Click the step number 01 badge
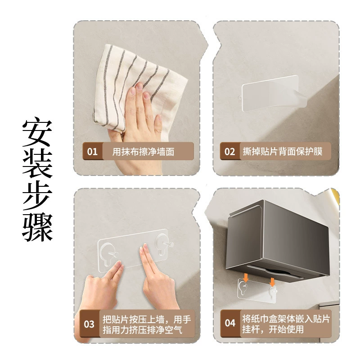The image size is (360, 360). [x=92, y=151]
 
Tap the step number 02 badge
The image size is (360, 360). [x=230, y=151]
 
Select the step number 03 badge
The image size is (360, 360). [x=89, y=324]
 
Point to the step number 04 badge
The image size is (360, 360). [x=230, y=323]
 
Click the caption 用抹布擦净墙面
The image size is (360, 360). [x=143, y=152]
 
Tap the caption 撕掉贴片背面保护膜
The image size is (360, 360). [x=283, y=151]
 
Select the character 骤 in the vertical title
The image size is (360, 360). [x=37, y=227]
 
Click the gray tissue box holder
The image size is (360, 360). [x=278, y=241]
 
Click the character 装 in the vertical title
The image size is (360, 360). [x=37, y=164]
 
